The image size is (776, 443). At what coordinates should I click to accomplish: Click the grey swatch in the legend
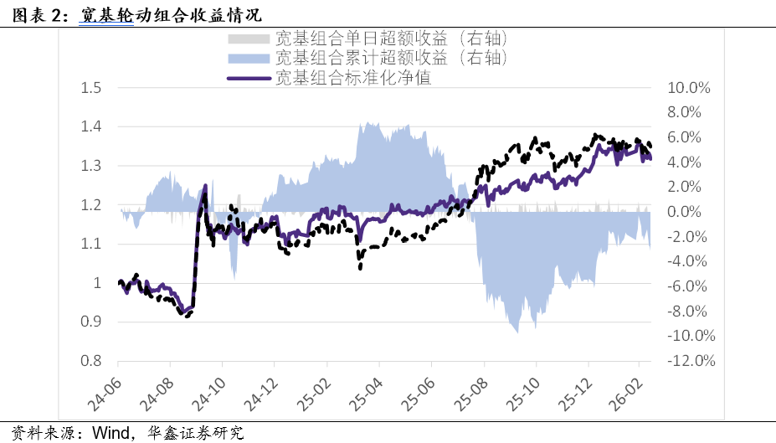pyautogui.click(x=249, y=39)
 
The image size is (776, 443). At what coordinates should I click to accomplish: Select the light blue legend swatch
pyautogui.click(x=249, y=58)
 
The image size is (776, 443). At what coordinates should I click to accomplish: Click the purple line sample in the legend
pyautogui.click(x=249, y=78)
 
